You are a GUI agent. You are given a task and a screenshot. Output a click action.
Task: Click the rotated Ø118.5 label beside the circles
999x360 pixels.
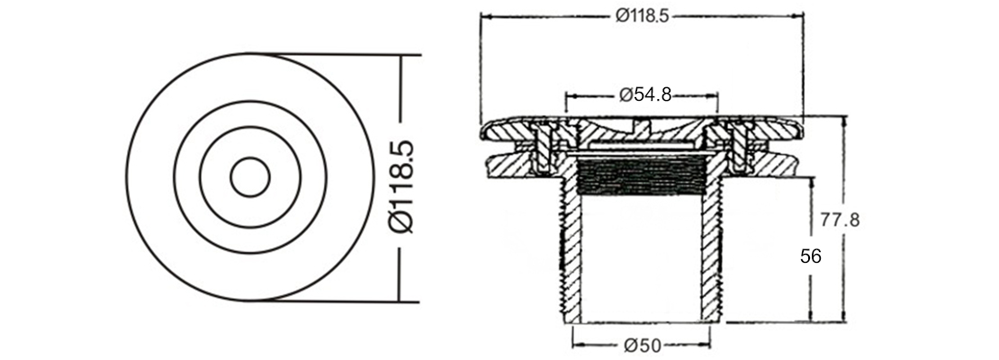[x=400, y=186]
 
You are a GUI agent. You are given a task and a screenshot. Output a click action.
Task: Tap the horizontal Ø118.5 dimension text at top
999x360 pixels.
[x=643, y=16]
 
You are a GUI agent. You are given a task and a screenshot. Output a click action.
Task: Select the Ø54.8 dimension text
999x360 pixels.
[x=645, y=95]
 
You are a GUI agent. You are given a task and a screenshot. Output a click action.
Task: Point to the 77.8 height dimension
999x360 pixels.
[x=840, y=220]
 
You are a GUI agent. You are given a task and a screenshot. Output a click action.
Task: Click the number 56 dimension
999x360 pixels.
[x=810, y=256]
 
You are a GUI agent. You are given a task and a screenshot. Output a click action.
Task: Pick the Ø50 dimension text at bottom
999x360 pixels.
[x=643, y=346]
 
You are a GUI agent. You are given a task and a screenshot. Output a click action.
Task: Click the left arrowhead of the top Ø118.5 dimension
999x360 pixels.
[x=486, y=16]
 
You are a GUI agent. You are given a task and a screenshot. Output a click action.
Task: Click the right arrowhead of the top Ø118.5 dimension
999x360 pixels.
[x=797, y=16]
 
